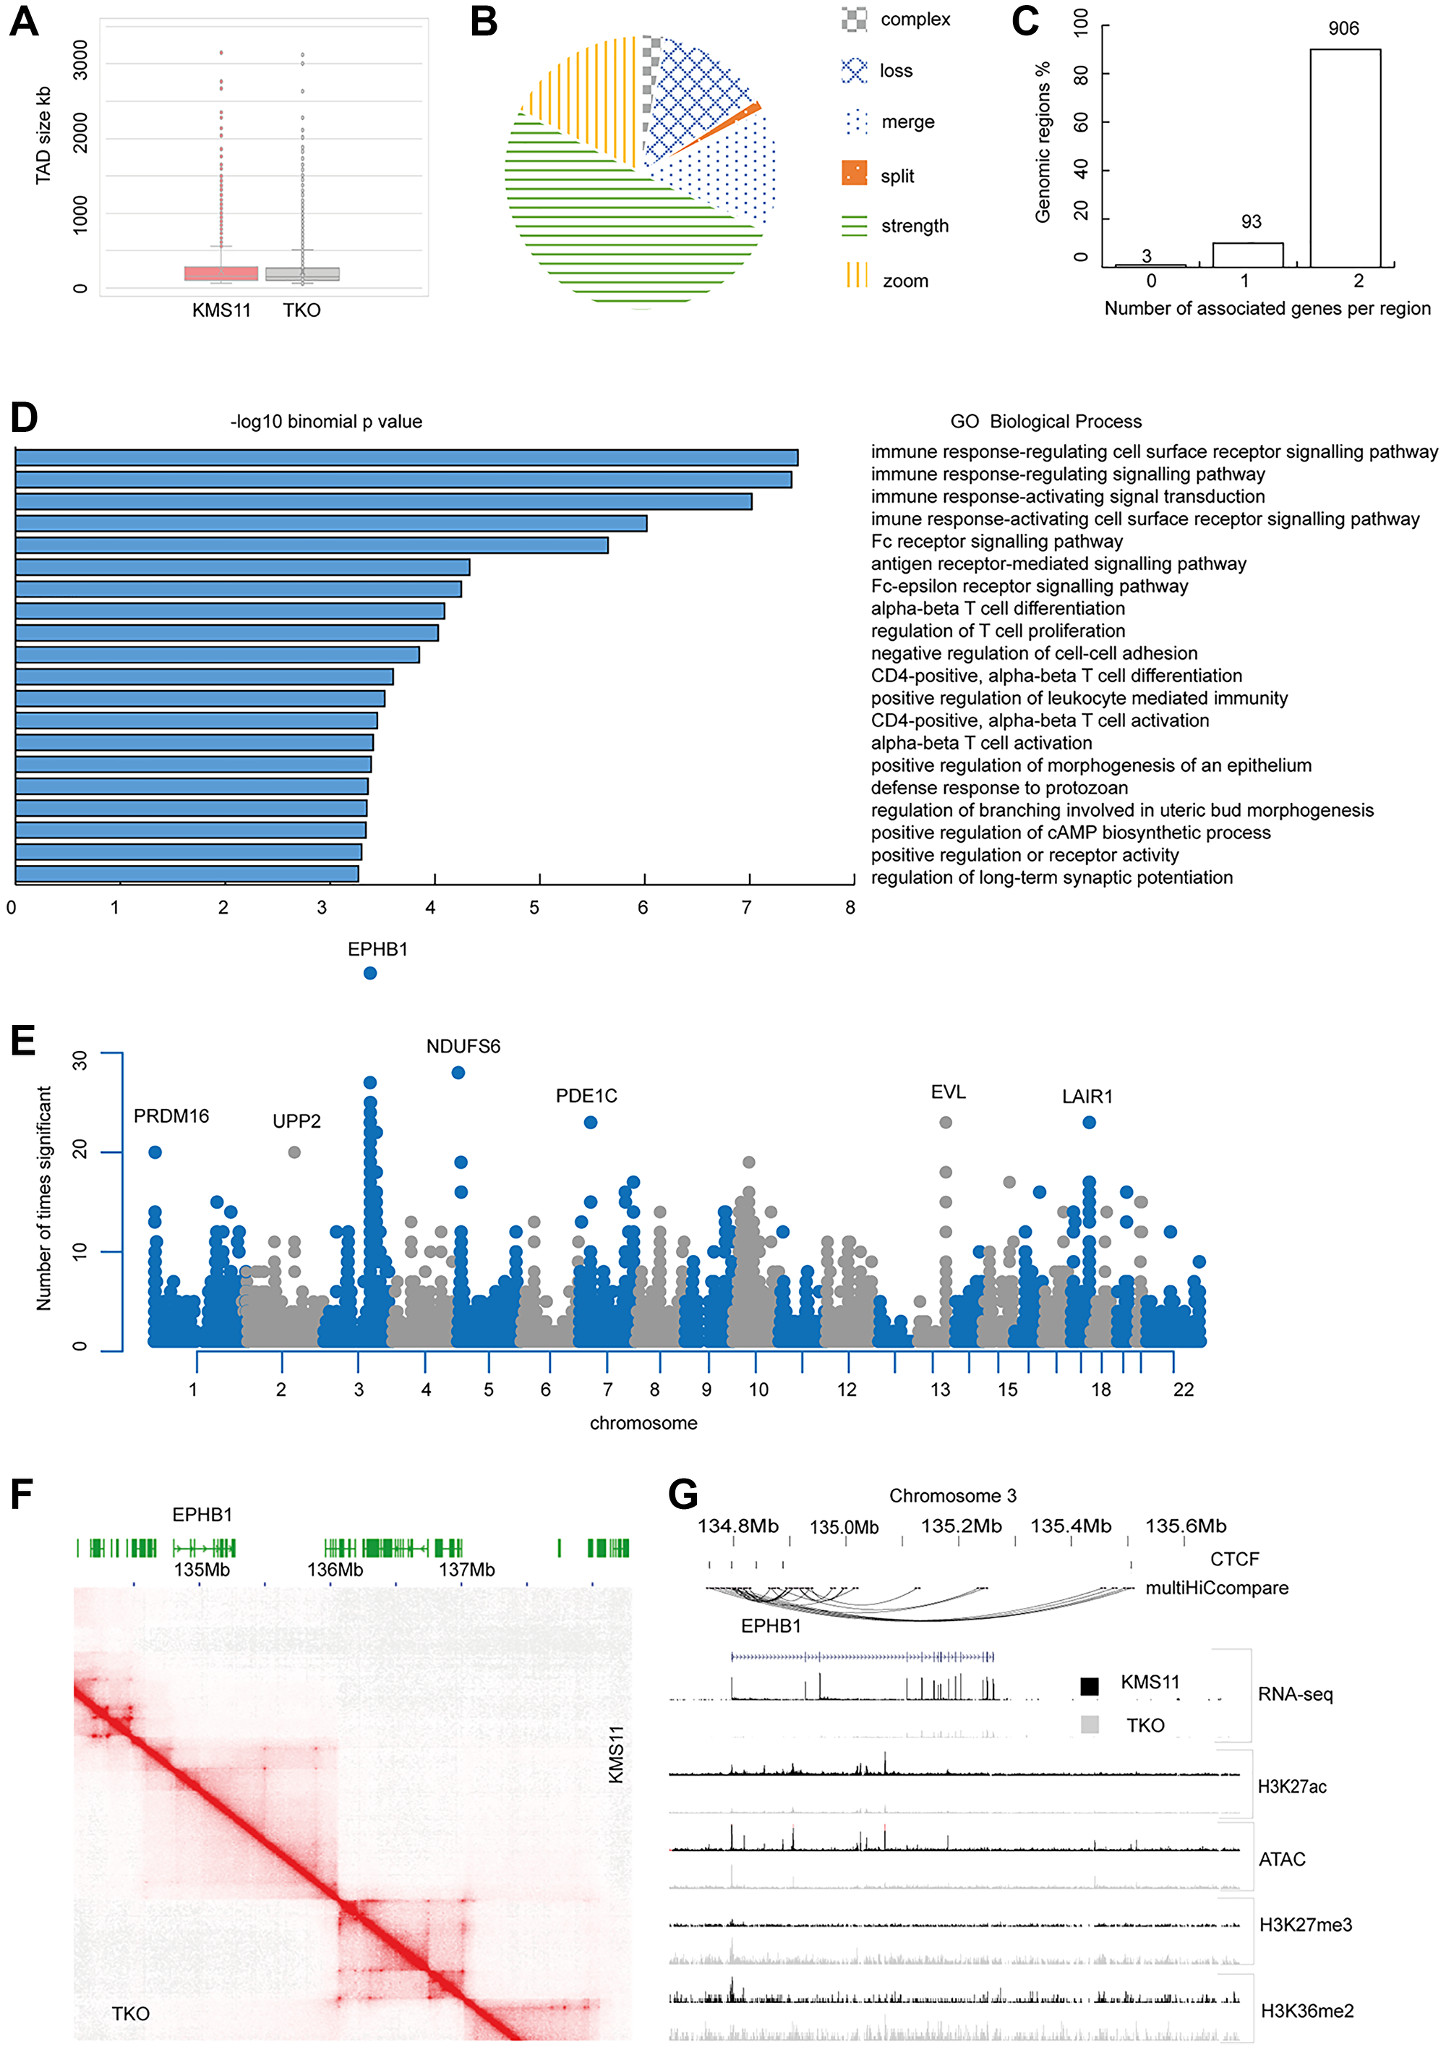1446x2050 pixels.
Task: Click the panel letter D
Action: click(24, 418)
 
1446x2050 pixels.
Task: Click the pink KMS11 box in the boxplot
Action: click(221, 273)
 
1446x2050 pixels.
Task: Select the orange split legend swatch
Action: click(853, 173)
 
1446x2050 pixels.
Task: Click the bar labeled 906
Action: click(1344, 157)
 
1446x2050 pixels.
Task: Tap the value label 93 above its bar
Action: click(1251, 221)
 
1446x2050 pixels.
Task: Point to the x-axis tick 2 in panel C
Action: click(1358, 281)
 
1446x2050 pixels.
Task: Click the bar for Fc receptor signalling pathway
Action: click(312, 545)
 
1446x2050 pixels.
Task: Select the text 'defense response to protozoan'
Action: click(998, 788)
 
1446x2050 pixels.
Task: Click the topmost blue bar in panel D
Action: click(406, 458)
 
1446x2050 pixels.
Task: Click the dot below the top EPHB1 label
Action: click(369, 973)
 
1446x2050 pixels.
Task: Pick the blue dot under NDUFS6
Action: click(458, 1072)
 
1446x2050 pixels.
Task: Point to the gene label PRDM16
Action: click(171, 1116)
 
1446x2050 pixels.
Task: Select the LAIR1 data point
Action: click(1088, 1123)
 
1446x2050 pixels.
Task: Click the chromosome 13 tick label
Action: click(940, 1390)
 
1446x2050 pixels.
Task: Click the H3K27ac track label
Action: click(1291, 1787)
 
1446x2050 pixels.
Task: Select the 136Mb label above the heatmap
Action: click(335, 1570)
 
